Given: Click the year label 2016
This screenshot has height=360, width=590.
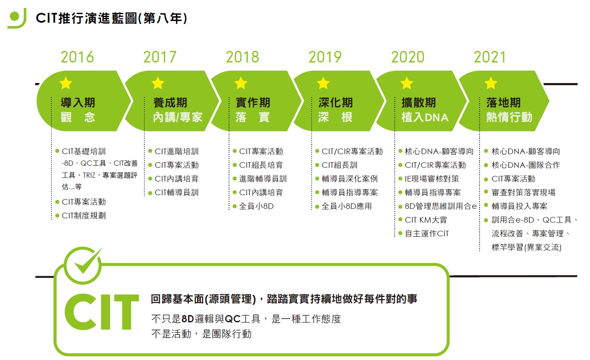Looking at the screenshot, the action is tap(77, 57).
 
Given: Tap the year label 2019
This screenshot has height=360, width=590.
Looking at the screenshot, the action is tap(325, 57).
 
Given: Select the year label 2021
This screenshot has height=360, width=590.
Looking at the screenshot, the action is tap(490, 57).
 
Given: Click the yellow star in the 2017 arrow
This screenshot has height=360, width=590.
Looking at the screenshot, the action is tap(158, 83).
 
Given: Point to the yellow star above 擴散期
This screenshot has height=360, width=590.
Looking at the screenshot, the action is tap(407, 83).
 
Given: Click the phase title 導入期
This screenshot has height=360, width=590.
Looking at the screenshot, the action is tap(78, 102).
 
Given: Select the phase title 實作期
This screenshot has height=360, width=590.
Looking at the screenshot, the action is tap(253, 102).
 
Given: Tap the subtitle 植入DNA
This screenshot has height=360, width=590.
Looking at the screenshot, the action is tap(425, 117).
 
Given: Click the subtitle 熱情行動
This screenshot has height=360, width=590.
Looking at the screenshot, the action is tap(509, 117).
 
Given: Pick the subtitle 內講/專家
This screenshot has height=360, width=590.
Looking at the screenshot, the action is tap(178, 117).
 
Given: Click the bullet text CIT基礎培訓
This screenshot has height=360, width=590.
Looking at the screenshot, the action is tap(84, 152).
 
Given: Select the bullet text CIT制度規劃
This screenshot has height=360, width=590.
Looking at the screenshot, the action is tap(84, 216).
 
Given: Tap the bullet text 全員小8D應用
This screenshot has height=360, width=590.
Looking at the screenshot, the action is tap(347, 206).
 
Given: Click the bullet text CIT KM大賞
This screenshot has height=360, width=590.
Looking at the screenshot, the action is tap(426, 220).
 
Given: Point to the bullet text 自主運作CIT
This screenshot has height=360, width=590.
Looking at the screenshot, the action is tap(427, 234).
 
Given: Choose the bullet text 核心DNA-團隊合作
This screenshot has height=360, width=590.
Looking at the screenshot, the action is tap(526, 165).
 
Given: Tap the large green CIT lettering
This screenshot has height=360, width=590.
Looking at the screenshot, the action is tap(101, 312).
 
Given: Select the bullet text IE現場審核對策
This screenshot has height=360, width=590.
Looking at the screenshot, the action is tap(432, 179).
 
